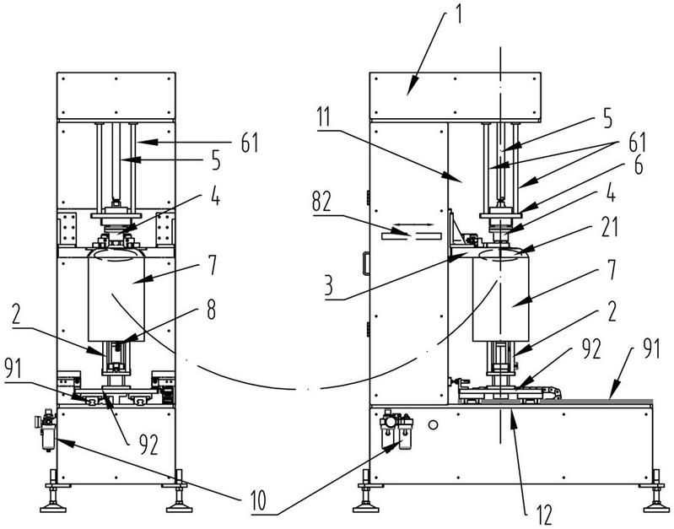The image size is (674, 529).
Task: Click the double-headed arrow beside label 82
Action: click(x=412, y=235)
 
